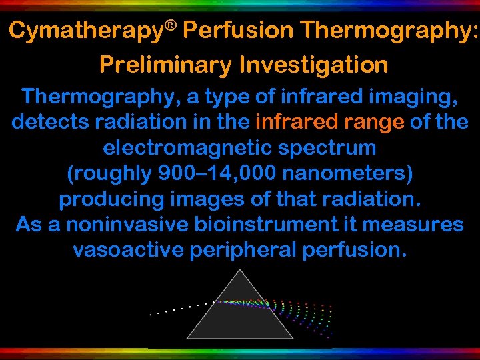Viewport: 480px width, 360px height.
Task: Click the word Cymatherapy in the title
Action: coord(87,31)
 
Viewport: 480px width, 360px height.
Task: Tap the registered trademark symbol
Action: coord(172,25)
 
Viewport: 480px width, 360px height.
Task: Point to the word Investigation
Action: coord(313,65)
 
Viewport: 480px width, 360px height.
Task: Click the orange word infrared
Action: coord(293,122)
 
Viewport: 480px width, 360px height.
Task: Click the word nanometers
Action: coord(347,173)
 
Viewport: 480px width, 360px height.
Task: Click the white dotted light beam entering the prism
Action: coord(180,309)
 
